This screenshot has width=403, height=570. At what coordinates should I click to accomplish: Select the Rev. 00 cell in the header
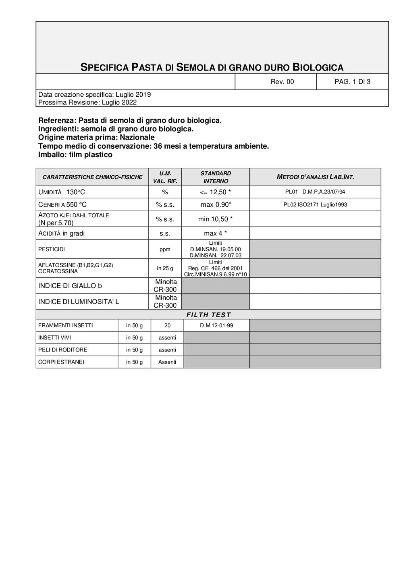coord(282,82)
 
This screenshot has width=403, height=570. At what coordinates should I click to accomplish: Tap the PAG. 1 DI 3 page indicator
coord(352,82)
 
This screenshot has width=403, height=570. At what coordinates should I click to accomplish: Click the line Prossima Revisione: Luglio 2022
coord(87,102)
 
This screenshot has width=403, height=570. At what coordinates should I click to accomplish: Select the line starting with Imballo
coord(75,155)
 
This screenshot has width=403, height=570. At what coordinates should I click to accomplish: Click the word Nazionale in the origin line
coord(137,137)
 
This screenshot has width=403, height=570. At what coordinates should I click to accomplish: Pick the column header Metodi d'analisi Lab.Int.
coord(315,177)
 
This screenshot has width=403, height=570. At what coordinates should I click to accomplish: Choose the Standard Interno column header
coord(216,177)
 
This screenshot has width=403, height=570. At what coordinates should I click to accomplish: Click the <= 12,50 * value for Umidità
coord(216,192)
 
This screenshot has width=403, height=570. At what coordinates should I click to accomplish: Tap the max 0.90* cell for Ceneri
coord(216,205)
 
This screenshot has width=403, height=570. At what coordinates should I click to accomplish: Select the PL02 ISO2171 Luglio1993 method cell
coord(315,205)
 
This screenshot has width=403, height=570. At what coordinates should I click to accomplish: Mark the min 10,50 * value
coord(216,219)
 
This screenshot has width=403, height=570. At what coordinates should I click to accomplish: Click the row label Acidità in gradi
coord(62,233)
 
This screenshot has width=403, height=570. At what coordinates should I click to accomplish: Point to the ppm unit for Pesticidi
coord(165,250)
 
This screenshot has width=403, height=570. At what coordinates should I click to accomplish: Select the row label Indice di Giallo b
coord(70,286)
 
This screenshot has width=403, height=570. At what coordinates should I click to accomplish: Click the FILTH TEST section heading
coord(208,315)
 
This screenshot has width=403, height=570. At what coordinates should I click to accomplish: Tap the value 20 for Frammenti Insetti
coord(167,326)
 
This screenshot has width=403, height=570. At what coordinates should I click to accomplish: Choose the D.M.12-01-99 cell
coord(216,326)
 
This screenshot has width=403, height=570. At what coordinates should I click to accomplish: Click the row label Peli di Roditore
coord(62,350)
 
